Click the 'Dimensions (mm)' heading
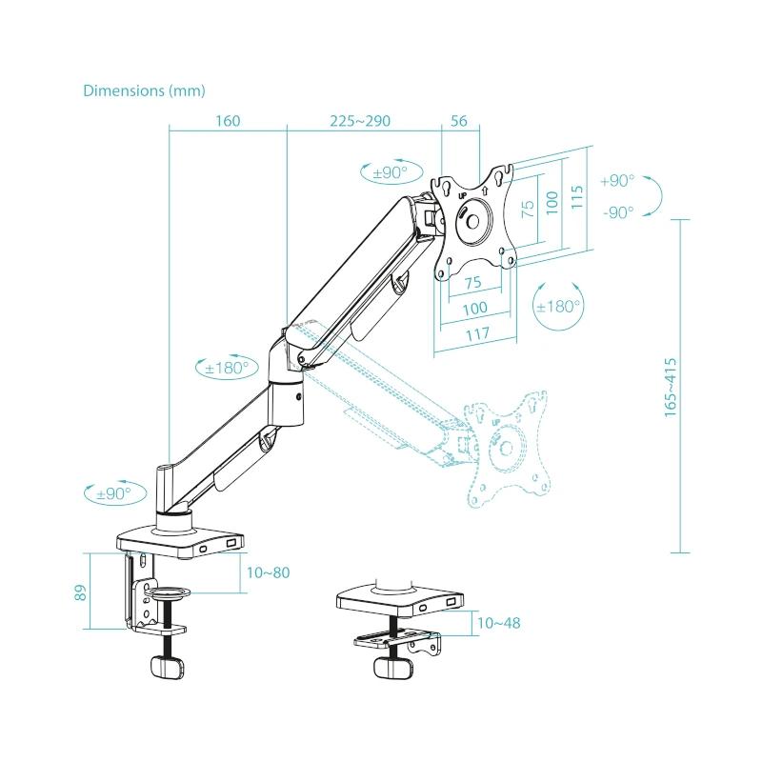144,90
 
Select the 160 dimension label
228,121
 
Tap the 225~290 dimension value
360,121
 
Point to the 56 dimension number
458,121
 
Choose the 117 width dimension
476,333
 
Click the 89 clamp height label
82,591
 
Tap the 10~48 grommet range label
498,624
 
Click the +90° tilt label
617,181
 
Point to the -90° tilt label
617,212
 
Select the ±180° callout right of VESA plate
558,307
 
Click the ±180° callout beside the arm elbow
226,367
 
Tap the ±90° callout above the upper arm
390,172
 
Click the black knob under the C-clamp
168,667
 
